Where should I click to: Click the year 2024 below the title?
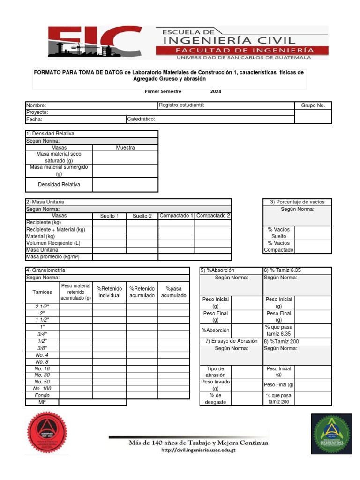pos(216,91)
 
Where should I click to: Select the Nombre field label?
pos(36,106)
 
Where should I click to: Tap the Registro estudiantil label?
pos(181,105)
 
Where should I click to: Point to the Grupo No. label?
pos(313,106)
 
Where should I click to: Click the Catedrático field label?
pos(141,120)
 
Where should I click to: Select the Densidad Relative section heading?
pos(50,134)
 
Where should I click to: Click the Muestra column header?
pos(125,148)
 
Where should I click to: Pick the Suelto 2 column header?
pos(142,216)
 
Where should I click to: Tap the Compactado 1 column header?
pos(176,216)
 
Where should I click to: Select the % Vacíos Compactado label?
pos(279,247)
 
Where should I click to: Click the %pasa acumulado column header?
pos(173,292)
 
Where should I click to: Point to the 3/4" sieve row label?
pos(42,334)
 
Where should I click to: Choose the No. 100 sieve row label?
pos(42,389)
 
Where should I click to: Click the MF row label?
pos(42,402)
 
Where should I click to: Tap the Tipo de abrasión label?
pos(215,372)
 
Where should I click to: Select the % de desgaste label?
pos(215,399)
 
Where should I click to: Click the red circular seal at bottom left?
pos(47,434)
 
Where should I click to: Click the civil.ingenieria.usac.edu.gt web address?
pos(198,450)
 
